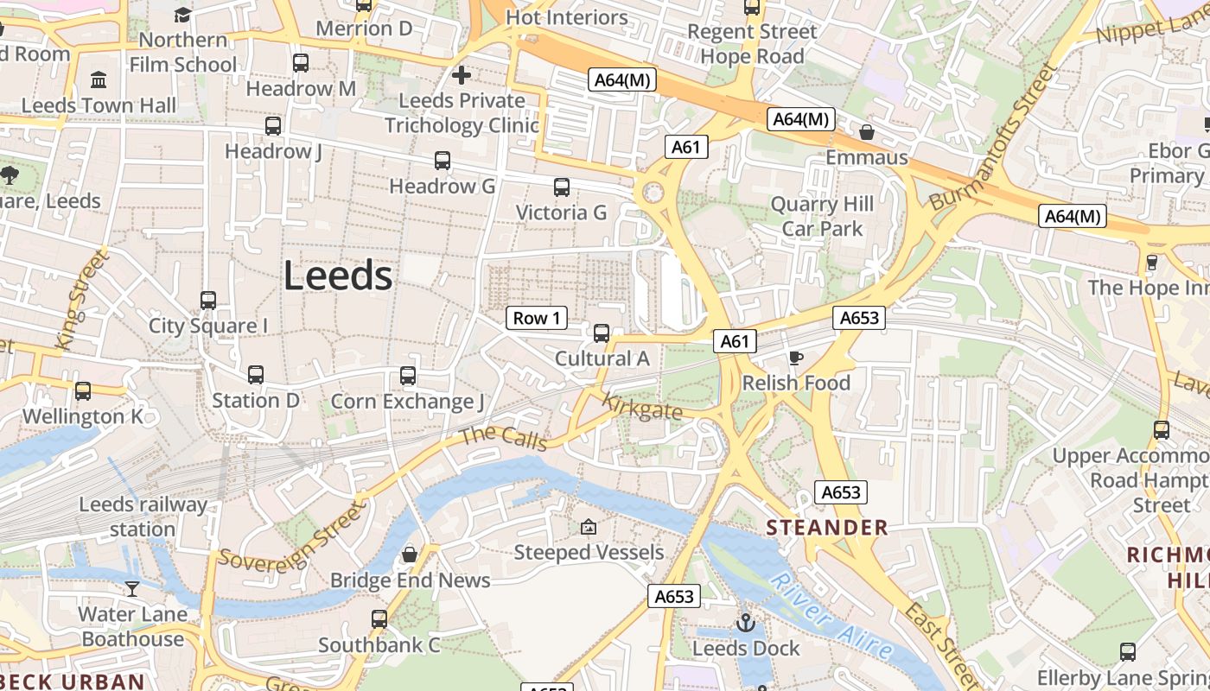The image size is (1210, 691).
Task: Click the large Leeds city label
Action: coord(338,276)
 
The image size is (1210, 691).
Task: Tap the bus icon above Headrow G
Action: coord(443,161)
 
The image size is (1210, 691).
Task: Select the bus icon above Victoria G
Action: coord(562,187)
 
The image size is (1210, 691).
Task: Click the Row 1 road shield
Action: coord(537,318)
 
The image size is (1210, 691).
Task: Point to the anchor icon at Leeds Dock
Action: coord(745,623)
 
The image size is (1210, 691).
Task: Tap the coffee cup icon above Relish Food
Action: coord(796,358)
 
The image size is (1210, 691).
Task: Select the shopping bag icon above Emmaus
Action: coord(867,132)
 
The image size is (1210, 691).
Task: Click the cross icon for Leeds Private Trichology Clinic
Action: coord(462,75)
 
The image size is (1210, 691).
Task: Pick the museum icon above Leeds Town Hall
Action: coord(99,80)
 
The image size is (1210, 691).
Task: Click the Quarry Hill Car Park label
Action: coord(822,217)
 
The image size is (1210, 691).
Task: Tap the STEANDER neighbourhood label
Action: coord(827,528)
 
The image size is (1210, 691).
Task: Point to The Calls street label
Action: coord(505,437)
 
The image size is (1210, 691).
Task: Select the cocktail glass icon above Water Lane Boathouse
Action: coord(131,589)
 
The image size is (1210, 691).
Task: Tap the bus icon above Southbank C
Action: coord(379,619)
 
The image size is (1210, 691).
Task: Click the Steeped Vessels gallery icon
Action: coord(589,527)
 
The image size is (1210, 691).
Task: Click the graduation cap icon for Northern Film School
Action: coord(182,15)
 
